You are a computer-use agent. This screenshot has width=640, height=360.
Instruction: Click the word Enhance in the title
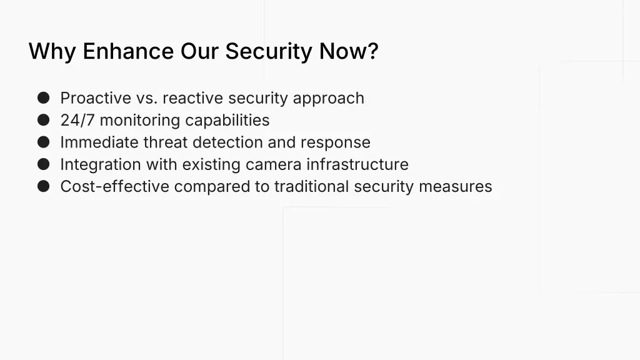point(129,51)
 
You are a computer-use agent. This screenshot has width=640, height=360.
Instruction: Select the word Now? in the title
point(349,51)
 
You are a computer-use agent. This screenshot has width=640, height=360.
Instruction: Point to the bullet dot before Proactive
point(43,98)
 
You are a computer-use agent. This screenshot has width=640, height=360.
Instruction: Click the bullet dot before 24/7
point(43,120)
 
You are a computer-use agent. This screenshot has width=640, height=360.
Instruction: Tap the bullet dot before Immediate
point(43,142)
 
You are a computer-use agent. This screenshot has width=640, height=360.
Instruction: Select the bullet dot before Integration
point(43,164)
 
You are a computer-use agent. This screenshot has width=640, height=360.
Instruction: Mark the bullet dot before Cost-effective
point(43,186)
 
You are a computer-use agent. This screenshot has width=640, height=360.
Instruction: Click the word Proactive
point(96,98)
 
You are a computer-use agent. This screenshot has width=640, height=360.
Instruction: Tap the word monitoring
point(140,120)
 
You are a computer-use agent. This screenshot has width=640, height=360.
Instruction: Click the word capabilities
point(227,120)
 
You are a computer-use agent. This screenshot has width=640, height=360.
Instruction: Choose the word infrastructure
point(357,164)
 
